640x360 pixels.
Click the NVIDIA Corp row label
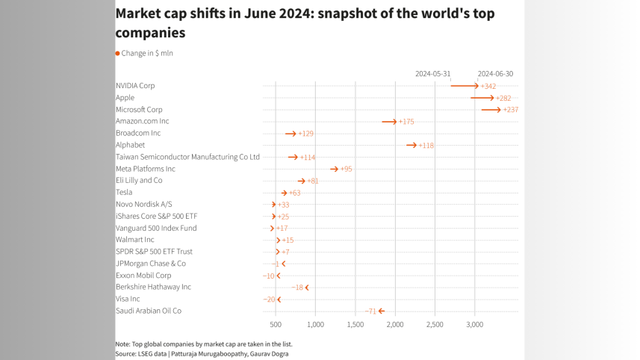pyautogui.click(x=135, y=86)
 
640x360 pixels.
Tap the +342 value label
pyautogui.click(x=488, y=87)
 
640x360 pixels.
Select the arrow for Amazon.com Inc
pyautogui.click(x=389, y=121)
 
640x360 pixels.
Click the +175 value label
pyautogui.click(x=406, y=121)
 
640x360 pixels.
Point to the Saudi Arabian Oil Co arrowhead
pyautogui.click(x=381, y=311)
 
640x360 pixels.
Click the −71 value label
pyautogui.click(x=370, y=311)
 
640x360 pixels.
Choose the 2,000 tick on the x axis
pyautogui.click(x=395, y=325)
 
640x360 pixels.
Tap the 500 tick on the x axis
pyautogui.click(x=276, y=325)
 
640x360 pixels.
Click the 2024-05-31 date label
pyautogui.click(x=433, y=74)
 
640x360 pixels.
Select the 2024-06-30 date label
pyautogui.click(x=495, y=74)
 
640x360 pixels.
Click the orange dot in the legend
pyautogui.click(x=117, y=54)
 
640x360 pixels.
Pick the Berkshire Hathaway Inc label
pyautogui.click(x=153, y=287)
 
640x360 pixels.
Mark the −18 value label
pyautogui.click(x=297, y=288)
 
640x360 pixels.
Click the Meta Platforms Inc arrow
pyautogui.click(x=335, y=169)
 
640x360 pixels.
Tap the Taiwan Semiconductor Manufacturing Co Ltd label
pyautogui.click(x=187, y=157)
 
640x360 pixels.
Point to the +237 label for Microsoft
pyautogui.click(x=511, y=110)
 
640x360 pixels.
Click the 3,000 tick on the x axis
pyautogui.click(x=475, y=325)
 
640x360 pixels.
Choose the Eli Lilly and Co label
pyautogui.click(x=139, y=181)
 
